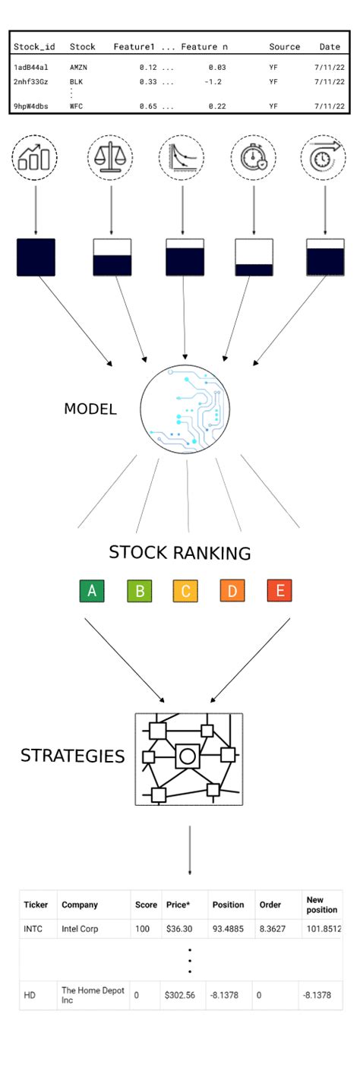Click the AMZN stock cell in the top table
tap(79, 68)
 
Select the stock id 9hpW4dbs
tap(30, 106)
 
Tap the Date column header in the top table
tap(330, 47)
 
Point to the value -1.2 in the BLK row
tap(213, 81)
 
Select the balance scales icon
tap(111, 158)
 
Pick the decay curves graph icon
tap(182, 158)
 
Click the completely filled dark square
tap(36, 257)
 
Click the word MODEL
tap(90, 409)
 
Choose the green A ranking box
tap(91, 591)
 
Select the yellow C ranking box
tap(185, 591)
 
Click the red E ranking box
tap(279, 591)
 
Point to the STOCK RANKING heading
tap(179, 553)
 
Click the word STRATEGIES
tap(72, 756)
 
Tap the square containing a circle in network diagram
tap(187, 756)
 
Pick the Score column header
tap(145, 905)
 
